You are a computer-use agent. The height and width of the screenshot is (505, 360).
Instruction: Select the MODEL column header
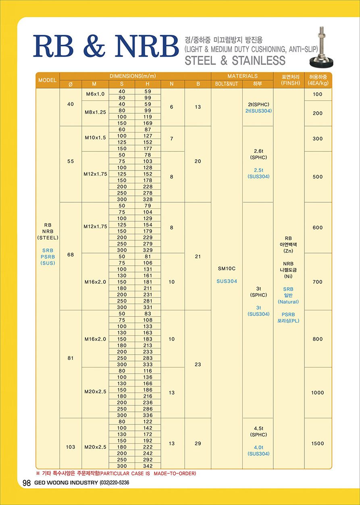click(x=48, y=80)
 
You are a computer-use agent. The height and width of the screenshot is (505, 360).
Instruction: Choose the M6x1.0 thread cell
click(x=95, y=94)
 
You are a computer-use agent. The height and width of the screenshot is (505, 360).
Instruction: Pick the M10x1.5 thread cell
click(x=95, y=138)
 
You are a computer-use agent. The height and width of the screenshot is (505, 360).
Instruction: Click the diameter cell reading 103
click(x=71, y=447)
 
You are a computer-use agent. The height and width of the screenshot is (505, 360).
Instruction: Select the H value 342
click(x=148, y=466)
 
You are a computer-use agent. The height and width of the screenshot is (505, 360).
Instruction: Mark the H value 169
click(x=148, y=123)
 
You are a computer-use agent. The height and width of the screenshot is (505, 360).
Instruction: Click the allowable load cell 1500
click(x=318, y=443)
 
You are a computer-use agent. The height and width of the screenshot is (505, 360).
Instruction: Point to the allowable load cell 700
click(x=318, y=282)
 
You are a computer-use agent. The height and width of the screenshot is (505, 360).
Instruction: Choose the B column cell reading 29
click(x=198, y=443)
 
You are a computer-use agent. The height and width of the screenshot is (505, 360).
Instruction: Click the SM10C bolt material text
click(x=227, y=268)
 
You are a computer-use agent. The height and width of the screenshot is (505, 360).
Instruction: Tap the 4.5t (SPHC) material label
click(x=258, y=432)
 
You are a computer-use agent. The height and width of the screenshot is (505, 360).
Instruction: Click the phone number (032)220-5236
click(x=115, y=483)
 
